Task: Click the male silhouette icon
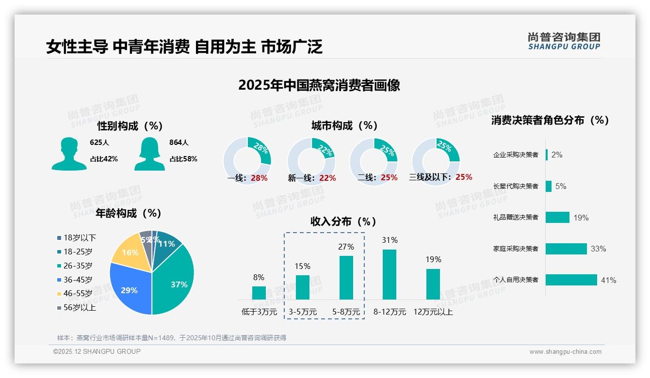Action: click(69, 154)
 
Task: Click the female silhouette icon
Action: click(149, 154)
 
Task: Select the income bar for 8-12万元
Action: click(390, 274)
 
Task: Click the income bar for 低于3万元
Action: click(259, 293)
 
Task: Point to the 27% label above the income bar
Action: click(346, 247)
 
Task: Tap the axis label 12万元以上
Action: click(433, 312)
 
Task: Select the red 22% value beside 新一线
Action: click(327, 178)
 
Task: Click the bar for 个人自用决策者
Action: click(571, 280)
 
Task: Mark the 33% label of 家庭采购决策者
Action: click(598, 249)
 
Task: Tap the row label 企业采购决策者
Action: click(516, 155)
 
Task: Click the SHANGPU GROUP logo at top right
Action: click(564, 41)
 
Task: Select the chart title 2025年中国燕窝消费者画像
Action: click(319, 85)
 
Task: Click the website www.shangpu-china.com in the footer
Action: click(565, 352)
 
